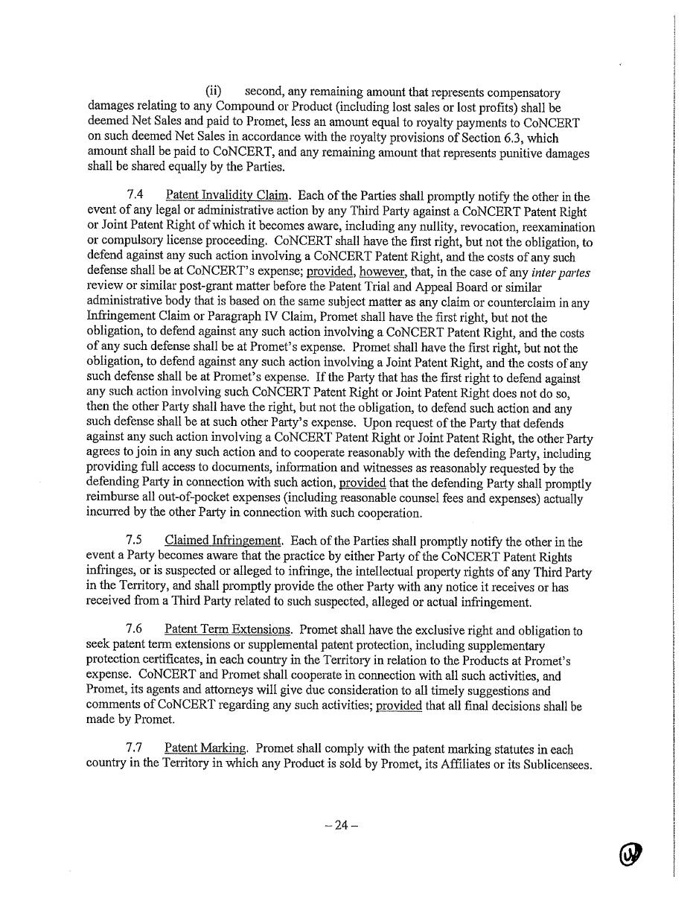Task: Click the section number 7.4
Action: tap(135, 195)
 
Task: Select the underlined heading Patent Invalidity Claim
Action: tap(227, 196)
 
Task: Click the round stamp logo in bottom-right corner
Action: tap(630, 855)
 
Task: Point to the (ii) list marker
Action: tap(214, 92)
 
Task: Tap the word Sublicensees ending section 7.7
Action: tap(557, 765)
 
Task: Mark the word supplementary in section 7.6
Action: tap(506, 646)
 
